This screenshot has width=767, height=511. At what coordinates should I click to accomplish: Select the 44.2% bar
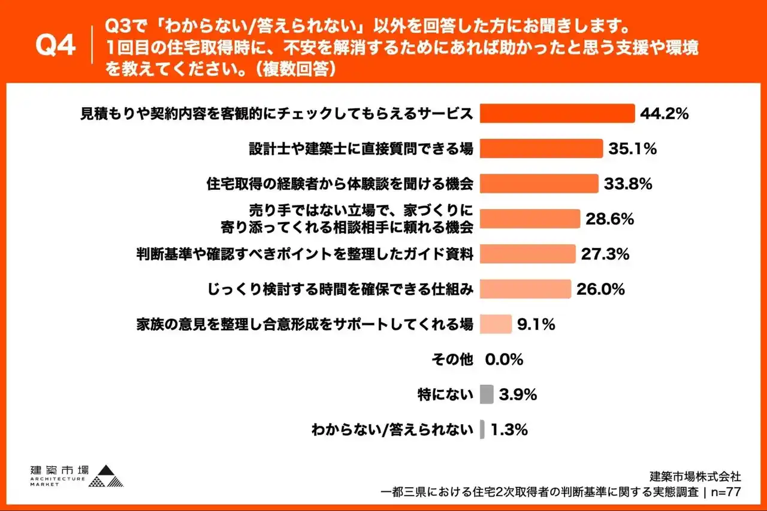click(x=557, y=113)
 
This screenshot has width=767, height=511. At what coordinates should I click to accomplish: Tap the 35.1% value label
click(x=632, y=149)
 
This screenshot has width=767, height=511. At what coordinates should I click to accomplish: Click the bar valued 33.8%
click(x=539, y=183)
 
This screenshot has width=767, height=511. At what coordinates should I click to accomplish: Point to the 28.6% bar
click(x=530, y=219)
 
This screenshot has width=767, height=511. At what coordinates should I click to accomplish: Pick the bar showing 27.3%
click(x=528, y=254)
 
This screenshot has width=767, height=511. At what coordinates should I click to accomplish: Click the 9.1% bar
click(x=496, y=324)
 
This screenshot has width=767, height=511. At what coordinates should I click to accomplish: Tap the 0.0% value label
click(x=504, y=359)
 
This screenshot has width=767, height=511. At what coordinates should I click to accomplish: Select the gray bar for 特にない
click(x=487, y=394)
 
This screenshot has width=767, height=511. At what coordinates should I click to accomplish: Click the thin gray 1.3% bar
click(x=482, y=430)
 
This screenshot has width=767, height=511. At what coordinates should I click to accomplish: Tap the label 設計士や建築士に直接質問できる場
click(x=361, y=149)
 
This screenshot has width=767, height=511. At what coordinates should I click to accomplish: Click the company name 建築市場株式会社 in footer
click(x=696, y=477)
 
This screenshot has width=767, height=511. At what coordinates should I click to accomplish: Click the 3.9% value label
click(x=517, y=395)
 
